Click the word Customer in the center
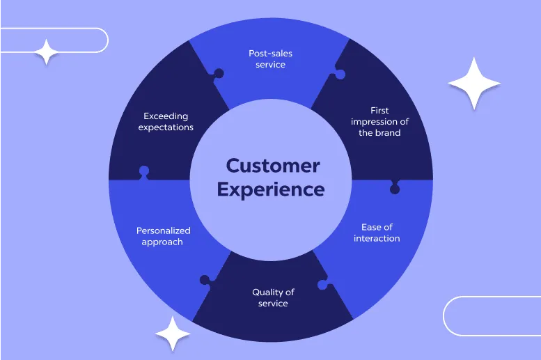pos(273,166)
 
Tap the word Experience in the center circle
pos(271,190)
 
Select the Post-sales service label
pos(270,59)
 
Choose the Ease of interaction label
pos(377,233)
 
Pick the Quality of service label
pos(273,298)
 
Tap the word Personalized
pos(164,231)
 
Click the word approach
pos(162,242)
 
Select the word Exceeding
pos(166,116)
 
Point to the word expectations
pos(166,127)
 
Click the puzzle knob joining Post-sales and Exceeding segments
pos(219,74)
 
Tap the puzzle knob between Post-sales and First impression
pos(340,75)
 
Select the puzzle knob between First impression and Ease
pos(395,189)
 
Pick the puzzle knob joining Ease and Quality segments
pos(322,284)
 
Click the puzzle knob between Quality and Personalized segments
pos(205,280)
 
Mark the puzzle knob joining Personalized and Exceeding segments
pos(144,171)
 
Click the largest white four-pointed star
pos(474,84)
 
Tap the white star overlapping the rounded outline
pos(47,52)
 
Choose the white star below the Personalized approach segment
pos(173,334)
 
